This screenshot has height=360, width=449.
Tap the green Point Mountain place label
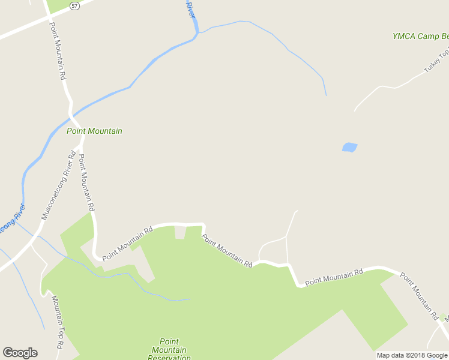[94, 131]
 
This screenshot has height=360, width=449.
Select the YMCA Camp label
[420, 36]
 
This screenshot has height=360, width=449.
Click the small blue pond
[349, 147]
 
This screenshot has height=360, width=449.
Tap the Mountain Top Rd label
[57, 322]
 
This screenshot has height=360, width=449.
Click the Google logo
[20, 353]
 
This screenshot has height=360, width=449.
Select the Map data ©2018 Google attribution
[412, 355]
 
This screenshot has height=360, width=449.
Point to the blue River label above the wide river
[190, 8]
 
